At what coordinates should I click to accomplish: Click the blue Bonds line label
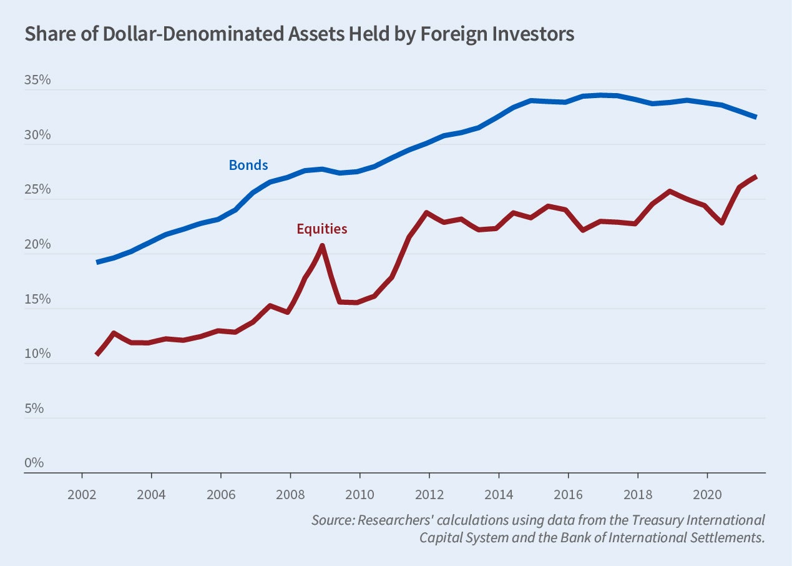tap(248, 166)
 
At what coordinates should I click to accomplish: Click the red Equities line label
tap(321, 229)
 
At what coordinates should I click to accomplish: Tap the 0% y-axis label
tap(34, 463)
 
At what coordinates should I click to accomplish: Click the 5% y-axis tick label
tap(34, 409)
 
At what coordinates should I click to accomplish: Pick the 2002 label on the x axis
tap(82, 493)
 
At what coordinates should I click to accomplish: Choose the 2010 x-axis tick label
tap(359, 493)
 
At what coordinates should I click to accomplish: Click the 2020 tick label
tap(707, 493)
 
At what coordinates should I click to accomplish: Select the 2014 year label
tap(499, 493)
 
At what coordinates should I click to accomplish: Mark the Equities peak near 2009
tap(321, 245)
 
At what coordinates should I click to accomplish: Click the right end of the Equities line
tap(756, 177)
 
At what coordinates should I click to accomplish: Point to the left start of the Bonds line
tap(97, 262)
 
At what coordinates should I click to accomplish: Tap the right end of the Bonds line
tap(756, 117)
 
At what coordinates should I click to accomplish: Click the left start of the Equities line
tap(97, 354)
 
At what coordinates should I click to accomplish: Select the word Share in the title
tap(47, 34)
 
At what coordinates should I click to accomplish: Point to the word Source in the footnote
tap(333, 520)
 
